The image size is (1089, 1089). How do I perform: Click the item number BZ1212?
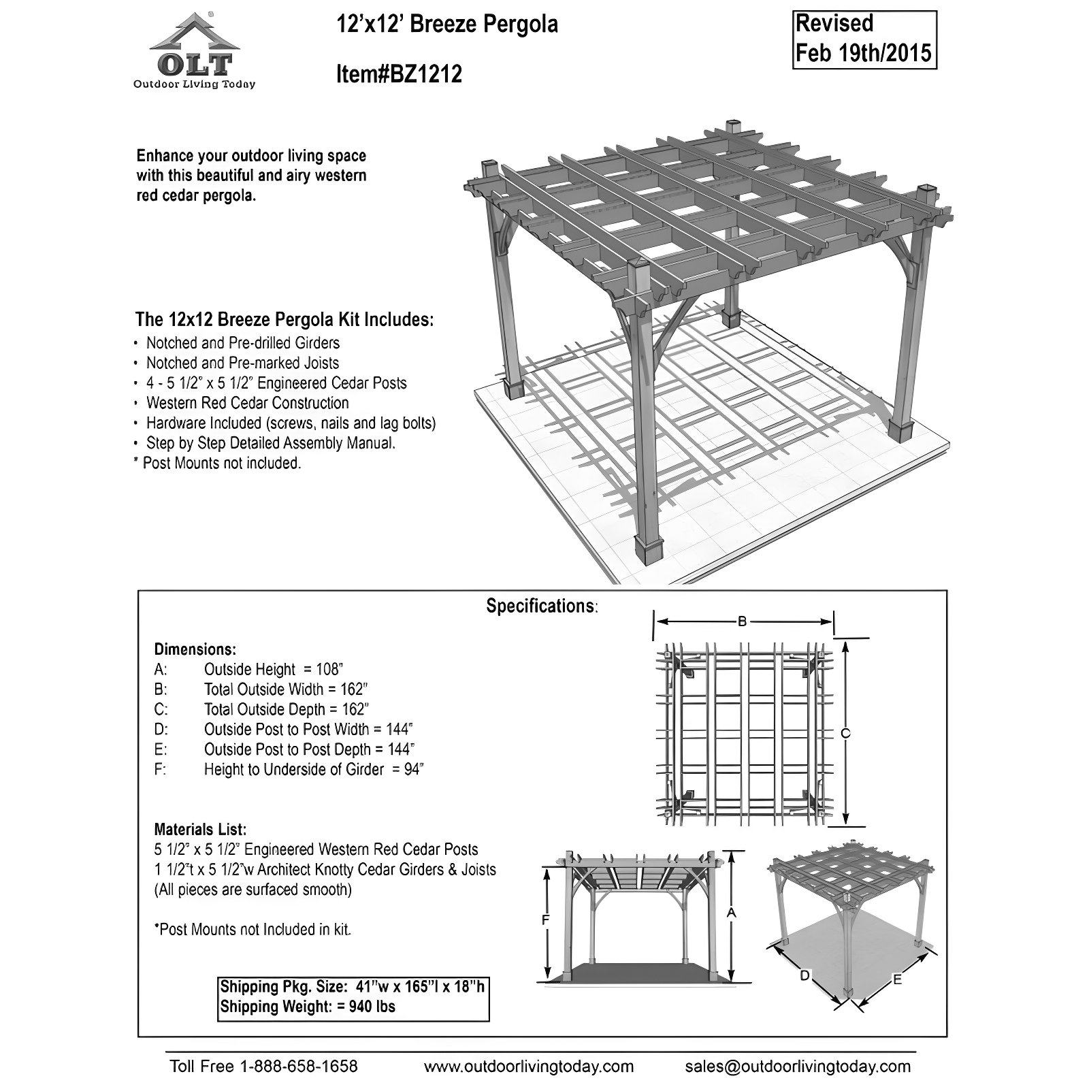click(x=399, y=74)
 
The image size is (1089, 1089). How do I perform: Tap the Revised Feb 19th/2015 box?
click(x=864, y=39)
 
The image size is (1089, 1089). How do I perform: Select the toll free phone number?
click(x=263, y=1066)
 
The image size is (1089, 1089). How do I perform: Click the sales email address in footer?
click(x=798, y=1066)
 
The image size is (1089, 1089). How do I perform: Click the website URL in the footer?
click(x=528, y=1066)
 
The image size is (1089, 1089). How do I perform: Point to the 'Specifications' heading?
click(x=541, y=606)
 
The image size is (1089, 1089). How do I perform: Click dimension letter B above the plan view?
click(x=743, y=621)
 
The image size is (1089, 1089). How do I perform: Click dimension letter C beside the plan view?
click(x=845, y=733)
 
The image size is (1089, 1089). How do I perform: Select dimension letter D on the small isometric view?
click(x=804, y=976)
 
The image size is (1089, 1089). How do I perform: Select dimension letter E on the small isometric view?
click(x=897, y=979)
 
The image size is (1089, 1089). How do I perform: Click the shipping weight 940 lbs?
click(x=371, y=1006)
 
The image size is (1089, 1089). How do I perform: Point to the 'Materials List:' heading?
click(x=200, y=829)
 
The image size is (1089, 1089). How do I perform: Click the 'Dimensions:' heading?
click(x=195, y=649)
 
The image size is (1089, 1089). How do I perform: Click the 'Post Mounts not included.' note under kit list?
click(x=221, y=463)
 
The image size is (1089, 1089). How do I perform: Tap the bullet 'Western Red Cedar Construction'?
click(x=247, y=403)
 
